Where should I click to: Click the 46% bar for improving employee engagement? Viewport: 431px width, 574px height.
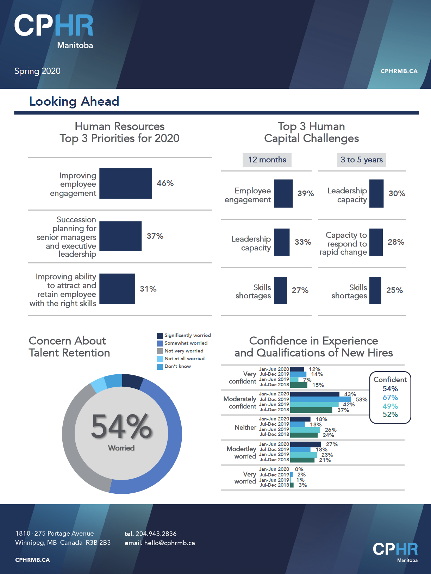(x=125, y=183)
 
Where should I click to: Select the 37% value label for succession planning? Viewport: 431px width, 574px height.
(x=155, y=236)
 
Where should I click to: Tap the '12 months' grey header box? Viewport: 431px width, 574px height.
(x=267, y=160)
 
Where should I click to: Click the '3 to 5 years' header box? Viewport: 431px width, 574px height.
(x=361, y=160)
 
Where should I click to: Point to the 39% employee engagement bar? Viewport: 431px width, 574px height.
(x=283, y=193)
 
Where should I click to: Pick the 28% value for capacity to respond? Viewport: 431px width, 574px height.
(x=396, y=242)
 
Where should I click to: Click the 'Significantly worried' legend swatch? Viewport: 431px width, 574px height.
(x=160, y=336)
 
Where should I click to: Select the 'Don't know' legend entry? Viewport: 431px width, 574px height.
(x=177, y=367)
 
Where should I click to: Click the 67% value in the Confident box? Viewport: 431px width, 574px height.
(x=390, y=398)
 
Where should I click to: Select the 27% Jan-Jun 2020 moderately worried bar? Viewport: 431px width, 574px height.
(x=305, y=444)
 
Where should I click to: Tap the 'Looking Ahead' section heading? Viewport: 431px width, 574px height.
(x=74, y=101)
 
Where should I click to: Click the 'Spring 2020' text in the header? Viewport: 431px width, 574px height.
(x=37, y=71)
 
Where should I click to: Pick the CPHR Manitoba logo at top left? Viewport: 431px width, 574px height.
(x=54, y=31)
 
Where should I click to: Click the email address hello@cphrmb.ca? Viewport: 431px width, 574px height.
(x=169, y=543)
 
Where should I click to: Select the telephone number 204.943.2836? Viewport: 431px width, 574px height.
(x=156, y=534)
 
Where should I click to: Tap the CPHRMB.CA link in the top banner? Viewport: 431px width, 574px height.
(x=399, y=71)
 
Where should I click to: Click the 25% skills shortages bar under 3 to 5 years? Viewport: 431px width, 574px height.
(x=375, y=290)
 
